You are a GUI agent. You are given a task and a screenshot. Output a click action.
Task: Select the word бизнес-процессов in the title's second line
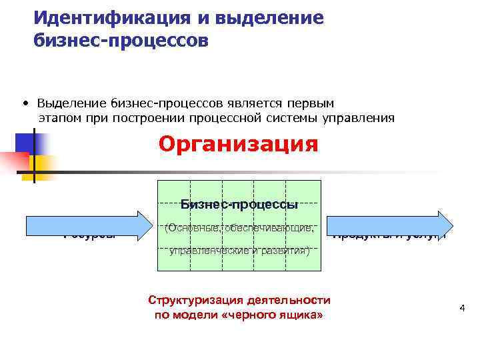point(121,41)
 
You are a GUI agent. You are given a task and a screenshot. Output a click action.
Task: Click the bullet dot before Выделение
point(24,103)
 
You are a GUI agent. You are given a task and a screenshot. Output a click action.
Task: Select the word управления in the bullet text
point(363,118)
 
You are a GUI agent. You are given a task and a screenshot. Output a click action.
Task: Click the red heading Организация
point(238,144)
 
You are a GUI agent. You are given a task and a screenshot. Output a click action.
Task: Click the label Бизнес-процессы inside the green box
point(239,204)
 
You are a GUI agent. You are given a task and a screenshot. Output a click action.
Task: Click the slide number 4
point(461,308)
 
